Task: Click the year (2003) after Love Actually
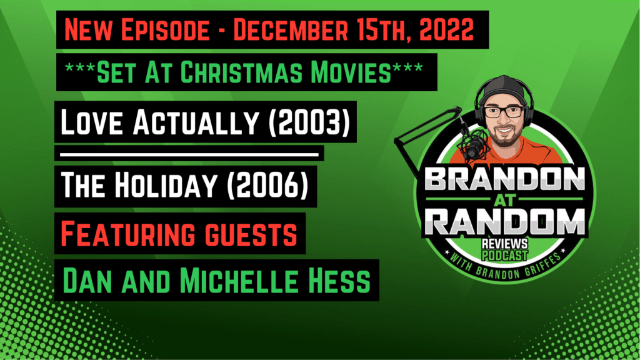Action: [309, 122]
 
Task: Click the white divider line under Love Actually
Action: [189, 155]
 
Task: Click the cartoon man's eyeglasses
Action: [504, 111]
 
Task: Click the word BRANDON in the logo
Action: [505, 179]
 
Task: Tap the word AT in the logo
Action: [505, 200]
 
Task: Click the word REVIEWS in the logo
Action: [504, 244]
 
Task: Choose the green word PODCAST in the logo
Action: [504, 256]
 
